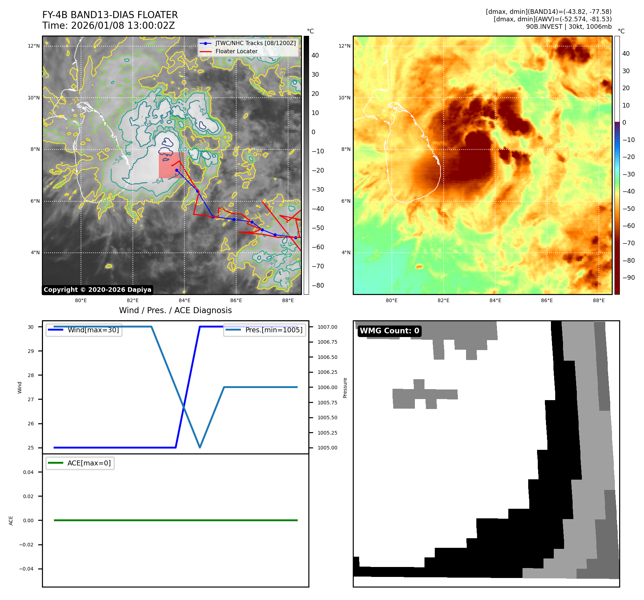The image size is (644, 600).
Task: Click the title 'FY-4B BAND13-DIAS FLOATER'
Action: [110, 15]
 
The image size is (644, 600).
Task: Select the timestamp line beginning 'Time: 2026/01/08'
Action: [108, 26]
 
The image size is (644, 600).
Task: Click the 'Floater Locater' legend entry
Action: [236, 51]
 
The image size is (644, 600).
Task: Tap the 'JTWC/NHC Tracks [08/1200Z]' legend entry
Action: [255, 43]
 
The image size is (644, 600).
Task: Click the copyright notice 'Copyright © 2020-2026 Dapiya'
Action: [97, 290]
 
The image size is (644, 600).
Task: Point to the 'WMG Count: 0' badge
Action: [389, 331]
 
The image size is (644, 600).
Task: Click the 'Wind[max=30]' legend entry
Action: [93, 330]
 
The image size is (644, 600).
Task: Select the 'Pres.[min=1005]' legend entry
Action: [274, 330]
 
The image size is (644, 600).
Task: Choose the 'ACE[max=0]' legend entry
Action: [89, 463]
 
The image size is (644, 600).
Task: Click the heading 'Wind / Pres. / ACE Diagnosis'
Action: [175, 310]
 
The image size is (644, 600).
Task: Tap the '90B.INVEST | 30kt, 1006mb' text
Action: [569, 27]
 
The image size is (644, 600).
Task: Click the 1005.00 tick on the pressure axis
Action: [327, 448]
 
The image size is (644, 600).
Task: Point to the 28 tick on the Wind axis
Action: [31, 375]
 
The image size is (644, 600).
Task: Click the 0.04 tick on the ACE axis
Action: [28, 472]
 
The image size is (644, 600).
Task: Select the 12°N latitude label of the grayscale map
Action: [34, 46]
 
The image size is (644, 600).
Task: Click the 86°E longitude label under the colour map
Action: [547, 300]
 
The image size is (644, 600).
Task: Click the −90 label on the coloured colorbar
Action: [628, 278]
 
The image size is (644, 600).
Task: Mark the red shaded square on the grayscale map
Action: [171, 165]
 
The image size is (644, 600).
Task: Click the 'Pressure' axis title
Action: [345, 388]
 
